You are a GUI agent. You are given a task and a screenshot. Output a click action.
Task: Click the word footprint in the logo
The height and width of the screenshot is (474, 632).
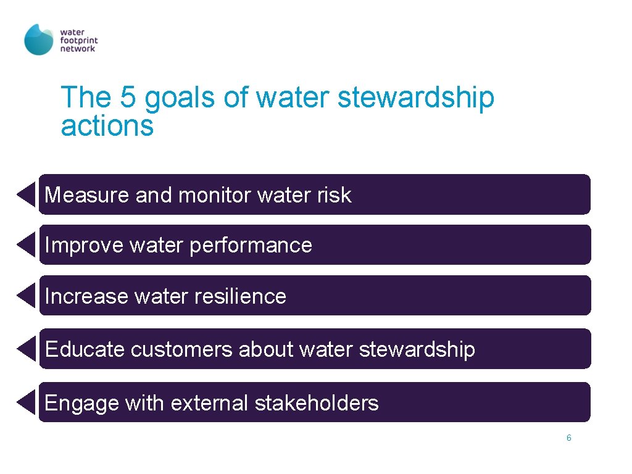click(x=79, y=39)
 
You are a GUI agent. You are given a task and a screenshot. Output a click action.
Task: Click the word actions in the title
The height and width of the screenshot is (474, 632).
click(x=107, y=126)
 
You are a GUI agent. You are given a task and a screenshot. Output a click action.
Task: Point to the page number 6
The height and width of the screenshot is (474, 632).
click(x=568, y=438)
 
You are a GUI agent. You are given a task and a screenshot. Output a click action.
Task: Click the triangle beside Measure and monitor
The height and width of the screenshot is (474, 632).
click(x=27, y=194)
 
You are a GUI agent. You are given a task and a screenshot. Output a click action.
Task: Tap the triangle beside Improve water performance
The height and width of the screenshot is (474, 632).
click(x=27, y=245)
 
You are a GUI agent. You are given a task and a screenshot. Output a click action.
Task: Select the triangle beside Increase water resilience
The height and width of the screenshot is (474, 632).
click(x=27, y=296)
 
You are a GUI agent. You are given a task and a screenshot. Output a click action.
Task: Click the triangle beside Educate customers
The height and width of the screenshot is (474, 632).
click(x=27, y=349)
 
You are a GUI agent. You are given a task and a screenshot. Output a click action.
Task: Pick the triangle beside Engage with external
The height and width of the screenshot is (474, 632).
click(x=27, y=403)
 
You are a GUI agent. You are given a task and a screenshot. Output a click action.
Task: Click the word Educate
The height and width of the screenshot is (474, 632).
click(x=85, y=349)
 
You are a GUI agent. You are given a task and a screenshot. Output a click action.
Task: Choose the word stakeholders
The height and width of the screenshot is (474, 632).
click(x=317, y=403)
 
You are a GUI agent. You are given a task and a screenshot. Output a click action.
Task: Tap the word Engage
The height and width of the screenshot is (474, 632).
click(x=81, y=404)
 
